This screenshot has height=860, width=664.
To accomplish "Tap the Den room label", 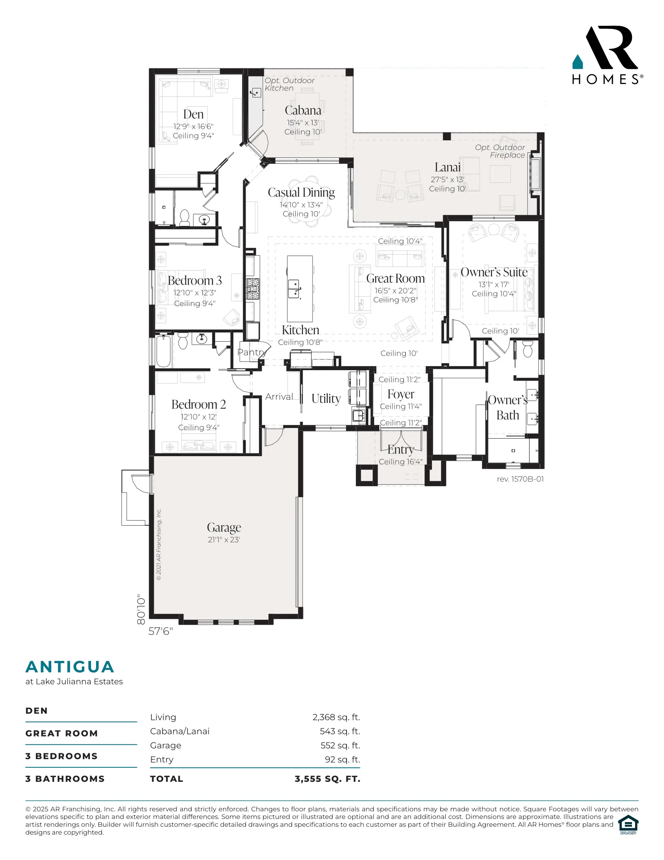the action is tap(193, 114).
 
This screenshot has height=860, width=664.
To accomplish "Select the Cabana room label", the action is tap(303, 110).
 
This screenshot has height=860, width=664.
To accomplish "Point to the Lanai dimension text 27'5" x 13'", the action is tap(447, 179).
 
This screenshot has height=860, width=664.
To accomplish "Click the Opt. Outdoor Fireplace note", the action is tap(500, 151).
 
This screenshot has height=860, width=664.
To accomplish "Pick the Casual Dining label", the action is tap(301, 193).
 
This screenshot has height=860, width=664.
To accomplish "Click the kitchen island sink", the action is tap(294, 288).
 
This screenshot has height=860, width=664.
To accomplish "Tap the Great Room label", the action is tap(395, 278).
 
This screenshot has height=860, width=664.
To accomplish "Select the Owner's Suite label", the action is tap(494, 272).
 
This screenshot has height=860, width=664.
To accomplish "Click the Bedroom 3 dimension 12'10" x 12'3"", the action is tap(195, 292).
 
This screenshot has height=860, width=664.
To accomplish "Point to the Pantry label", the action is tap(252, 353).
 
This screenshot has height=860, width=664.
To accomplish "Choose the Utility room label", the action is tap(326, 398).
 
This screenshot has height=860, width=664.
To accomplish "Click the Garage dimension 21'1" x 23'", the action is tap(224, 539).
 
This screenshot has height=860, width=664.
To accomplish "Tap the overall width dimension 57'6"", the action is tap(161, 631).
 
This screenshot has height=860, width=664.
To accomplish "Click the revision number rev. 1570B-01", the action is tap(520, 479).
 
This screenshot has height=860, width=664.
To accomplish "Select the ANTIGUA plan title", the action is tap(70, 666).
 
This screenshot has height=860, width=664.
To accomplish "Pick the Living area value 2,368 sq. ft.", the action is tap(336, 717).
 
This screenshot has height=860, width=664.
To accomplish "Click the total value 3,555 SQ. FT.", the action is tap(327, 779).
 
